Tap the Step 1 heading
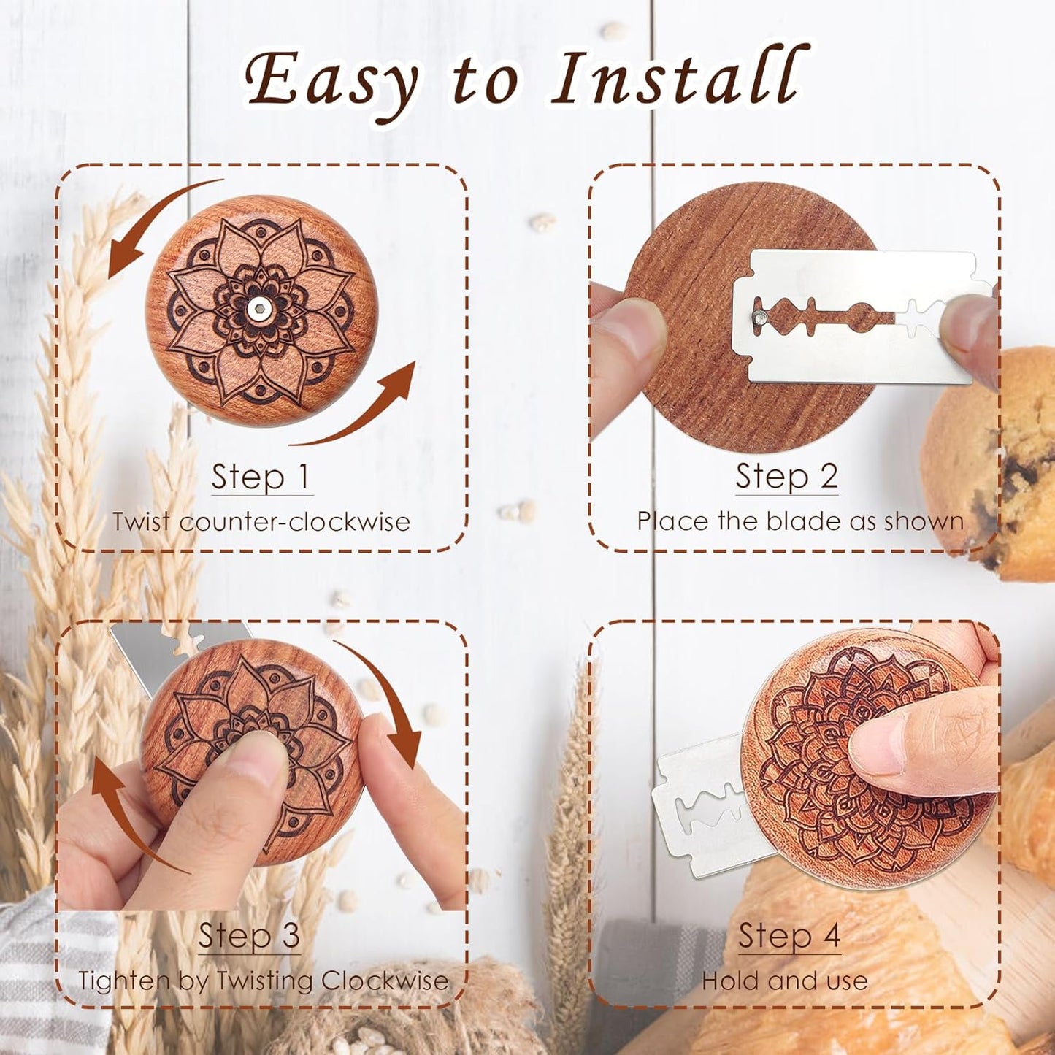point(261,477)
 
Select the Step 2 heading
point(786,477)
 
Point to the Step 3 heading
point(249,936)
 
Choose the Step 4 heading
point(789,936)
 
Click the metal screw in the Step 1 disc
point(257,310)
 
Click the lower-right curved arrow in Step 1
point(365,409)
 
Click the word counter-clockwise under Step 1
point(294,523)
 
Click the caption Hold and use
point(785,981)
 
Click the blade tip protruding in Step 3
point(146,650)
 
